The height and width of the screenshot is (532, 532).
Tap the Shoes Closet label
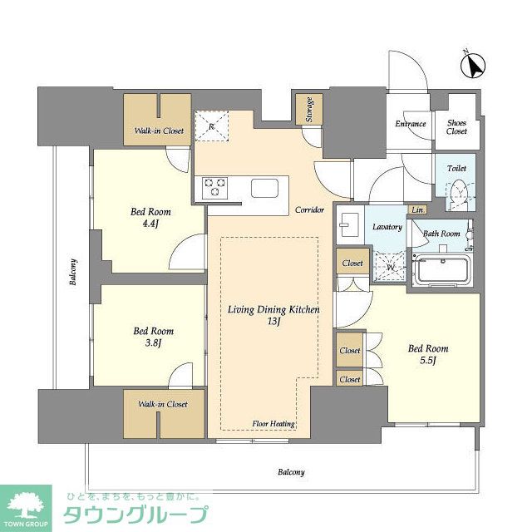click(x=456, y=126)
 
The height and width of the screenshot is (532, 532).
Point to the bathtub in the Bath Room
click(x=442, y=269)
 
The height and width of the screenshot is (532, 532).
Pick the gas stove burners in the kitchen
click(x=213, y=186)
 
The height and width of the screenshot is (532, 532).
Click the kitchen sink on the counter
click(x=267, y=188)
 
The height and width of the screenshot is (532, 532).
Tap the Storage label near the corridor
click(x=308, y=108)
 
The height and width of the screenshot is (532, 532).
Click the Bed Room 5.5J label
click(x=428, y=354)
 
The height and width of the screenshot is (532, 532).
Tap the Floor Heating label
click(x=274, y=424)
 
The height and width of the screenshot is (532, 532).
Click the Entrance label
click(x=411, y=125)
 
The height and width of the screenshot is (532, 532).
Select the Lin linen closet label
click(x=417, y=209)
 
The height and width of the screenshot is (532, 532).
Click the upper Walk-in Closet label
click(x=160, y=131)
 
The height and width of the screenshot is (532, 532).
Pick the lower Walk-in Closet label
click(x=163, y=405)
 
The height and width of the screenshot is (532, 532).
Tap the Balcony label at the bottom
click(x=290, y=472)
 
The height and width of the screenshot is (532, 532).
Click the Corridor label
click(x=309, y=210)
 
